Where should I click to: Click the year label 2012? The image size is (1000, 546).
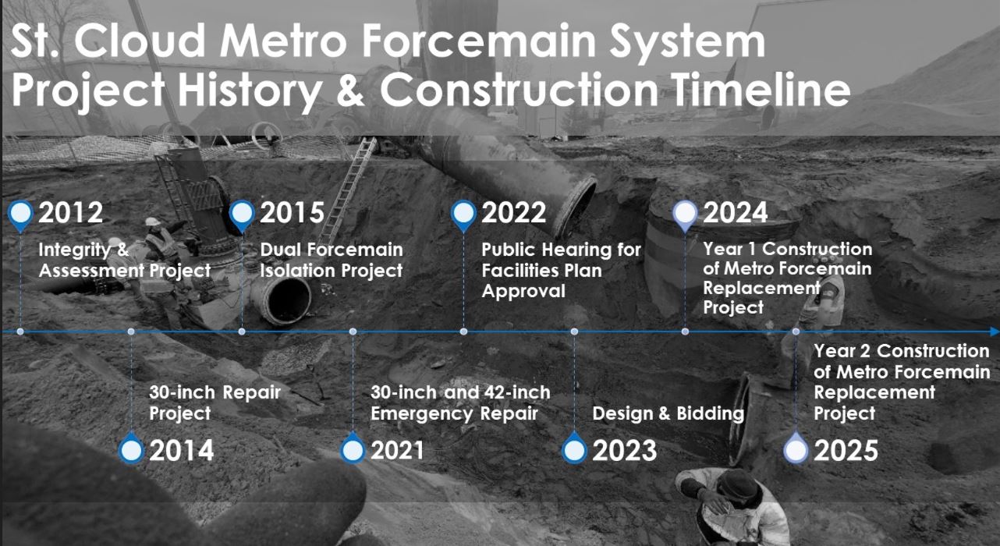coord(70,212)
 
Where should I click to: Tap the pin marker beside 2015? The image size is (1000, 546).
coord(242,215)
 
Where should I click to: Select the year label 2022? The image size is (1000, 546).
coord(513,212)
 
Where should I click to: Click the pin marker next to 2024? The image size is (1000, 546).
coord(685,215)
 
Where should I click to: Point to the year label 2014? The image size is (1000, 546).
coord(181,451)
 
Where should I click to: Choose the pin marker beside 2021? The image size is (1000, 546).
coord(353,448)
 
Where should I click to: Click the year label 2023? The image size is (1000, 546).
coord(624,451)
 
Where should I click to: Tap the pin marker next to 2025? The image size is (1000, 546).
coord(796,448)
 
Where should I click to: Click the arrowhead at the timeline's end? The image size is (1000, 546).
coord(995,331)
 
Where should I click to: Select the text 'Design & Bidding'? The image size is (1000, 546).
coord(668,413)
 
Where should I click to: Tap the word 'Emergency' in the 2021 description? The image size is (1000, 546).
coord(421,414)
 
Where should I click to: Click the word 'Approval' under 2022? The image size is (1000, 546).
coord(523,292)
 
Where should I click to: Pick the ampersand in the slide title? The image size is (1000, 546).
coord(350,90)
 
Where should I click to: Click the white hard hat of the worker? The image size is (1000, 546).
coord(152,222)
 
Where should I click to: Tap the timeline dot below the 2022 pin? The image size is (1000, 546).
coord(463,331)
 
